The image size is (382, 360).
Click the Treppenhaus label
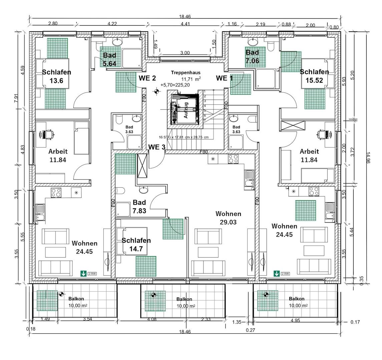(185, 73)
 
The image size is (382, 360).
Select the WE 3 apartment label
(157, 147)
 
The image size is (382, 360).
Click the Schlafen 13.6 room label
(56, 76)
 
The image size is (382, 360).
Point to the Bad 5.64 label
(109, 59)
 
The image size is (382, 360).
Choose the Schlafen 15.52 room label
(314, 76)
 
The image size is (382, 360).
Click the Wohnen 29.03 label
(228, 218)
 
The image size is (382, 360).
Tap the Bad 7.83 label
(139, 206)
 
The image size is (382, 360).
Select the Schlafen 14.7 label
(136, 244)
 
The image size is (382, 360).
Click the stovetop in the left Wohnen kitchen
(56, 192)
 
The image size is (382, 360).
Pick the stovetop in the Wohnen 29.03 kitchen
(233, 159)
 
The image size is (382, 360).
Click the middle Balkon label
(184, 299)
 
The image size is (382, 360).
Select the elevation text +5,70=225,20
(175, 85)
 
